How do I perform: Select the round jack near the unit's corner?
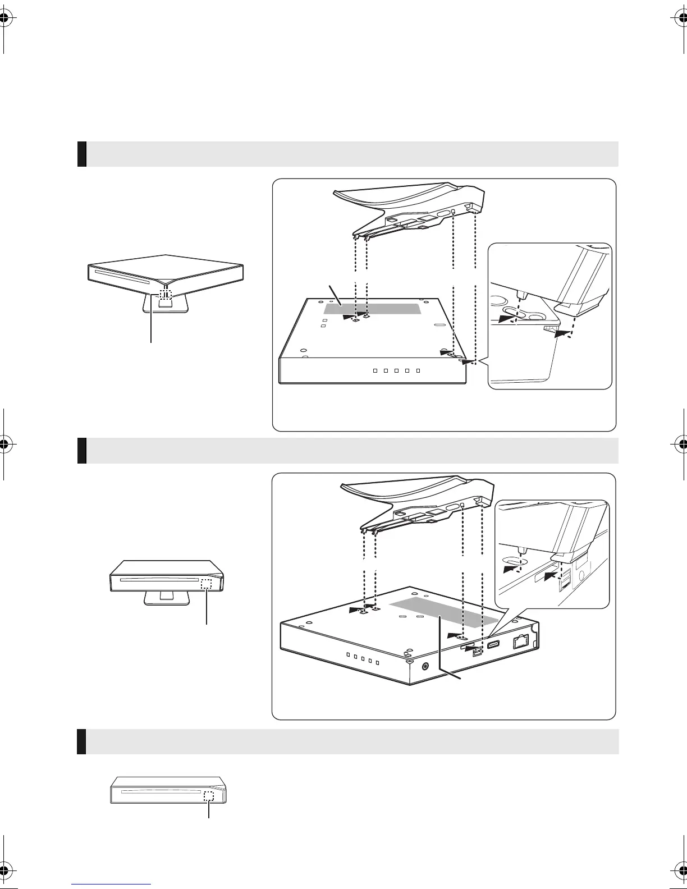coord(425,666)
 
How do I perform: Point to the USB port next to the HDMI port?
coord(478,652)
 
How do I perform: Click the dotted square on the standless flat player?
coord(209,795)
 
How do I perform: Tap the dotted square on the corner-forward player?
coord(164,294)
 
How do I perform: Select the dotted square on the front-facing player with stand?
coord(206,584)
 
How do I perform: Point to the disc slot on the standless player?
coord(161,794)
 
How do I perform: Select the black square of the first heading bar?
coord(82,154)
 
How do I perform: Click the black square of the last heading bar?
coord(82,741)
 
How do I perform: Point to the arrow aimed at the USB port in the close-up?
coord(552,575)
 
